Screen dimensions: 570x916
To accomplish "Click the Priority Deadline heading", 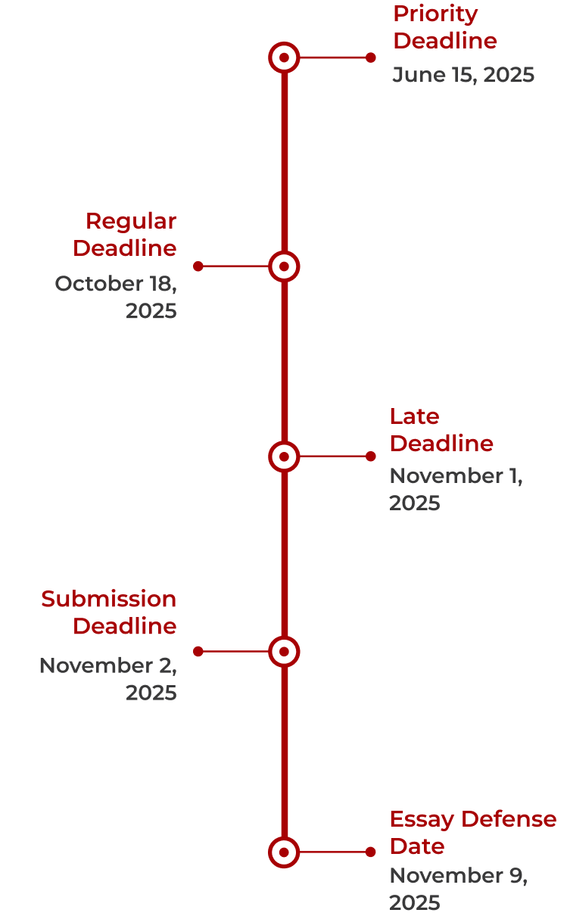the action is point(445,27).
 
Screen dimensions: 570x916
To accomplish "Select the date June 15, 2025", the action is point(463,75).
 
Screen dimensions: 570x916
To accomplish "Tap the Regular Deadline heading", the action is point(126,235).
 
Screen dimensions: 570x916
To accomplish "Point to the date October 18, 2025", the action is point(117,298).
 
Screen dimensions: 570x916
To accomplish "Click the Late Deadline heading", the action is point(441,430).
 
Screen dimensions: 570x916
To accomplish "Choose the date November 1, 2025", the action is point(456,490).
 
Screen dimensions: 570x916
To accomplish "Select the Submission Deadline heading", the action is point(110,612).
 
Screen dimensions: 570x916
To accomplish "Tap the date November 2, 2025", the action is point(109,679).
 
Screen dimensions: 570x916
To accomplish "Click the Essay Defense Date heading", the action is point(472,833).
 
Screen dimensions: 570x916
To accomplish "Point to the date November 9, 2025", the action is point(458,890).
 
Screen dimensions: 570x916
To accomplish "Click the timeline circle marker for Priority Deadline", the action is point(284,58).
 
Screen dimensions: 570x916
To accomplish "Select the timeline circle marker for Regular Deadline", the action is point(284,266).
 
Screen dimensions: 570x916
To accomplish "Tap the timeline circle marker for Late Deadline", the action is point(284,456).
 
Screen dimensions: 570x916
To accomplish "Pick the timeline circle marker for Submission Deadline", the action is point(284,651).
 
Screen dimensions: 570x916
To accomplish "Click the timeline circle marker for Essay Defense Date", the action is point(284,852).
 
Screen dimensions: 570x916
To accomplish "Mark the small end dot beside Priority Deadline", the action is point(370,58).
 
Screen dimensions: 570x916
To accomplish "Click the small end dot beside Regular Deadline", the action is point(198,266).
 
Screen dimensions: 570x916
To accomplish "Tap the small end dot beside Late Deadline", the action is point(370,456).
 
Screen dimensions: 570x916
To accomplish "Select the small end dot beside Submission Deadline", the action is point(198,651).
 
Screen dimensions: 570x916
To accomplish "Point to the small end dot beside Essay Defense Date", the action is point(370,852).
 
